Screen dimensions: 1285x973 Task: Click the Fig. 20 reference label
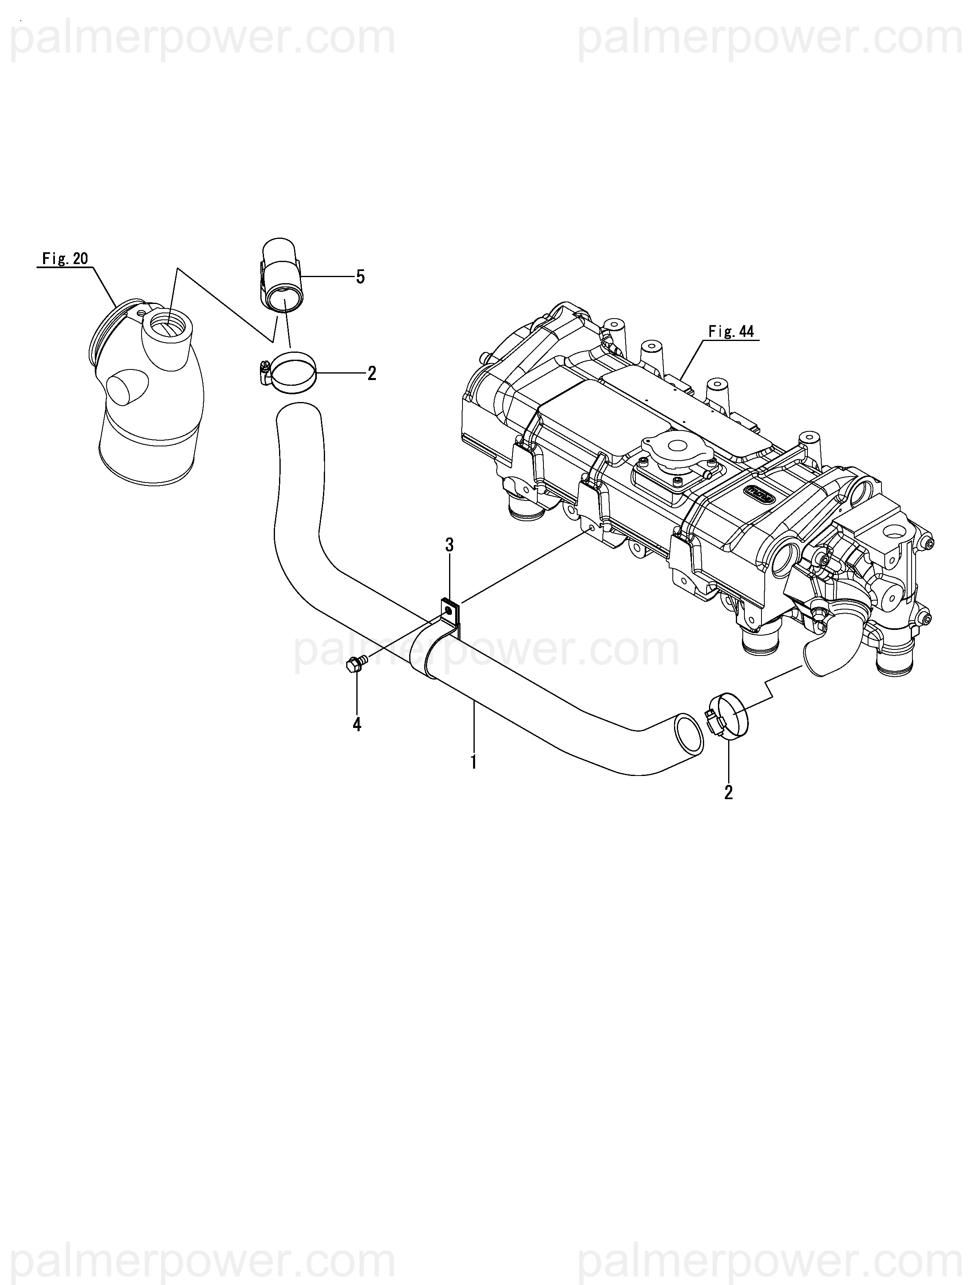(x=65, y=258)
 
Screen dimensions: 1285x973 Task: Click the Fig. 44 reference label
(x=731, y=332)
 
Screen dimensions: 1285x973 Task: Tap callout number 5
(x=360, y=277)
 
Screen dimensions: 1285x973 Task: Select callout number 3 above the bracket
(x=449, y=545)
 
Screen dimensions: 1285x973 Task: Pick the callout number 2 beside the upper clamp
(x=372, y=373)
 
